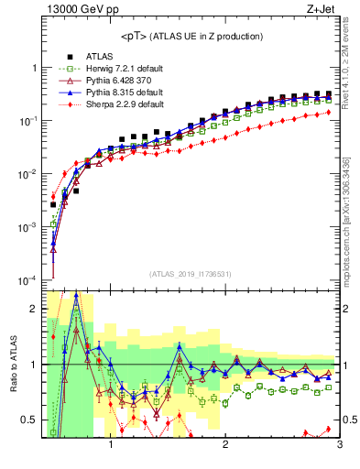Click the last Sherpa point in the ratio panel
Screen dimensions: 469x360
329,429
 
